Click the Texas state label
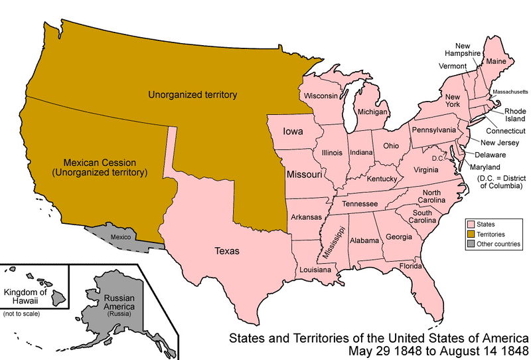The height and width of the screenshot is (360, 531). (x=227, y=251)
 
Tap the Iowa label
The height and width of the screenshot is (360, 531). (x=293, y=131)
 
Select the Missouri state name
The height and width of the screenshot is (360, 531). (x=305, y=174)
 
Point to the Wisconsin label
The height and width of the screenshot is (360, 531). (x=321, y=96)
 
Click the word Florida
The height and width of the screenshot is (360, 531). (x=410, y=266)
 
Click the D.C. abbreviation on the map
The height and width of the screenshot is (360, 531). (x=437, y=158)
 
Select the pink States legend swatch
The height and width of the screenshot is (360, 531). (x=471, y=225)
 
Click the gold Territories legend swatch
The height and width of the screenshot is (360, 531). (x=471, y=234)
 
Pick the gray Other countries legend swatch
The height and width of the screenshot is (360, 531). (x=471, y=244)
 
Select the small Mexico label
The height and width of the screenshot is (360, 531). (x=121, y=236)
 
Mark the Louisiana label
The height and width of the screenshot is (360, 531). (x=315, y=270)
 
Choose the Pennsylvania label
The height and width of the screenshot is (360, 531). (x=434, y=130)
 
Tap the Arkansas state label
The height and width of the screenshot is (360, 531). (x=305, y=217)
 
